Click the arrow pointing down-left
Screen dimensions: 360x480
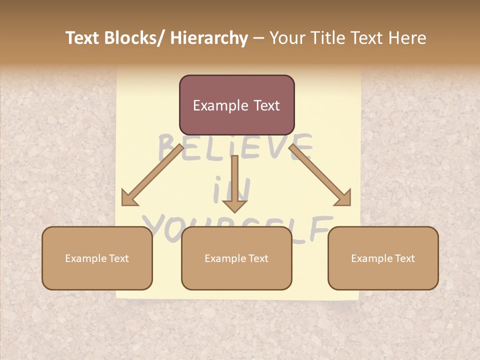[x=152, y=175]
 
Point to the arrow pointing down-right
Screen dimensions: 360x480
[x=320, y=175]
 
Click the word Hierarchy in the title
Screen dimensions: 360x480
[x=209, y=38]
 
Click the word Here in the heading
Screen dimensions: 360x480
[x=406, y=38]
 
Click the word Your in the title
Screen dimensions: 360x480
[x=286, y=38]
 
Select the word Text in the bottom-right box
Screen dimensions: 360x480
[x=404, y=258]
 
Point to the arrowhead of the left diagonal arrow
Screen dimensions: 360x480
[x=129, y=199]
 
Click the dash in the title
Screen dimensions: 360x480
[x=258, y=38]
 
